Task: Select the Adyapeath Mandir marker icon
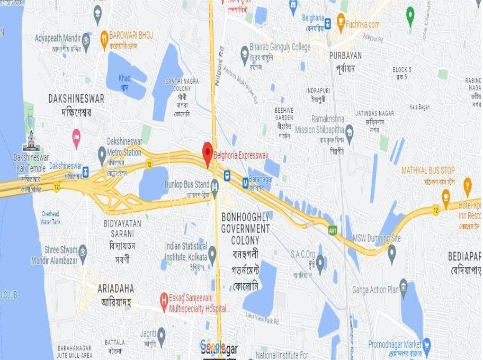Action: [x=86, y=39]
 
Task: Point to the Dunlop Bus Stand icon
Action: [x=214, y=185]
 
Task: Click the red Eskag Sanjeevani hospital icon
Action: [x=164, y=303]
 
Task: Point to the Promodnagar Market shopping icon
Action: [x=427, y=345]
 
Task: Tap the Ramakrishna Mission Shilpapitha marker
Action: [x=349, y=130]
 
